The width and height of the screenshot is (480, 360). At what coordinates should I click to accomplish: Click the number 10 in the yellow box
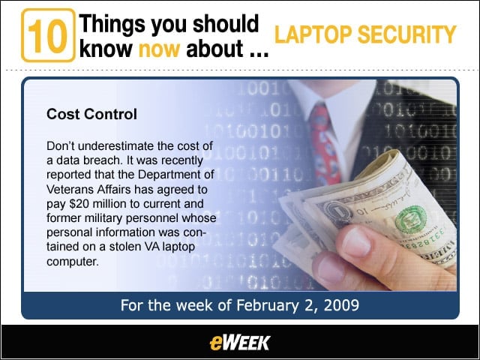point(48,36)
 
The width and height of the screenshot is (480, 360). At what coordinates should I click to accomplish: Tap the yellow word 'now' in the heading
point(159,49)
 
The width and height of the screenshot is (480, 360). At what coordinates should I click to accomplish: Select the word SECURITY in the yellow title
point(406,34)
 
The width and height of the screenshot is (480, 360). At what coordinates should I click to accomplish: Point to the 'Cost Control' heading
point(91,114)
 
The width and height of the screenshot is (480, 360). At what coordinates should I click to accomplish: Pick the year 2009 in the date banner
point(341,305)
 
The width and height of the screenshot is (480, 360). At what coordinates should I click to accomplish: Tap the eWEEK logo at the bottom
point(240,343)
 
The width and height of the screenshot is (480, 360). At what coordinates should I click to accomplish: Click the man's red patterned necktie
point(325,144)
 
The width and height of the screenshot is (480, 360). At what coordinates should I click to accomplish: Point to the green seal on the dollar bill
point(410,219)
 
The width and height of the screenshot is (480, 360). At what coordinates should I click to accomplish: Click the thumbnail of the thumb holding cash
point(356,241)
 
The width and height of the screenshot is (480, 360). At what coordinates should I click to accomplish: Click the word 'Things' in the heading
point(112,24)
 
